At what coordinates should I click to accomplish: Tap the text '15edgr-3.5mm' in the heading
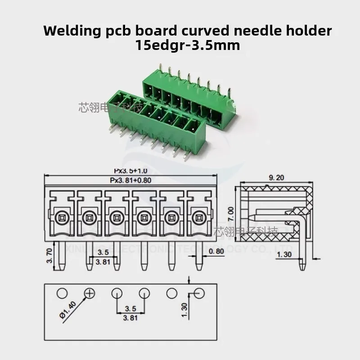[187, 45]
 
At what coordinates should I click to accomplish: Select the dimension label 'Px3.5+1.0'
[131, 171]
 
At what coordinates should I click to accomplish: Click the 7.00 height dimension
[231, 211]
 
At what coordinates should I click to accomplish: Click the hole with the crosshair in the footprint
[90, 293]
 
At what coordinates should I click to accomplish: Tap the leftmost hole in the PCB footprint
[62, 293]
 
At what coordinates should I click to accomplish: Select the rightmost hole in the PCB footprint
[199, 293]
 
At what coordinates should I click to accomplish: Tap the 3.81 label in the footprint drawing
[130, 317]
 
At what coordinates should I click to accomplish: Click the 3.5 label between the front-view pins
[103, 252]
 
